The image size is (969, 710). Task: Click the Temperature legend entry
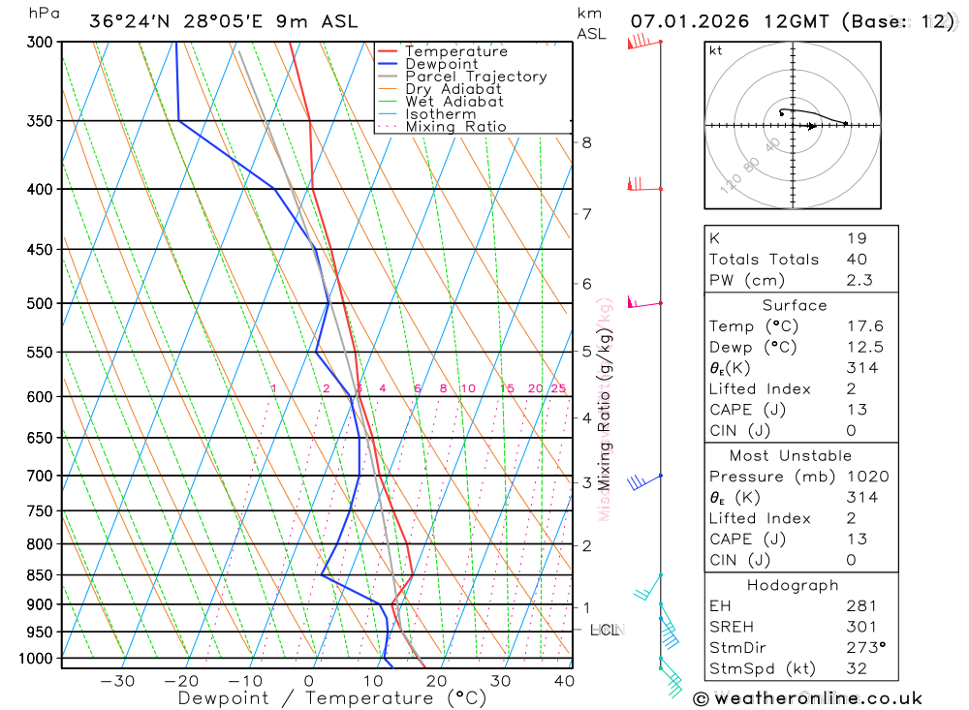click(455, 51)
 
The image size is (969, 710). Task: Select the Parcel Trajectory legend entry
click(476, 77)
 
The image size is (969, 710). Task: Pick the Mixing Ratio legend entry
click(455, 127)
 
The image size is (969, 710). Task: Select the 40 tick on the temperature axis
click(563, 681)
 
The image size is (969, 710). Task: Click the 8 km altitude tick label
click(586, 142)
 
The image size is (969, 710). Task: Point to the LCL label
click(605, 631)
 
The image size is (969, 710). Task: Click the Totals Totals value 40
click(857, 260)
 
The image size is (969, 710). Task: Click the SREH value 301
click(861, 627)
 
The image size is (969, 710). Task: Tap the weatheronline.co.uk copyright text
click(808, 698)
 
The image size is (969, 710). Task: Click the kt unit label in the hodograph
click(716, 50)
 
